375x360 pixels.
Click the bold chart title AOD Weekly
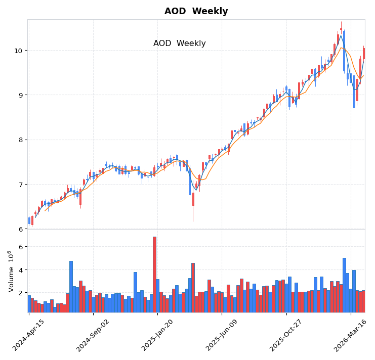tap(196, 11)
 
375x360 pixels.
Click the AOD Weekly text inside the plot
tap(179, 43)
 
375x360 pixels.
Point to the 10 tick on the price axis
tap(18, 51)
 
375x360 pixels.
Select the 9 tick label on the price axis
tap(20, 95)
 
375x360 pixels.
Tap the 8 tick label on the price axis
tap(20, 140)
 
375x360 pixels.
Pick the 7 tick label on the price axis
tap(20, 185)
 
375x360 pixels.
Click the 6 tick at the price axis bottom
tap(20, 229)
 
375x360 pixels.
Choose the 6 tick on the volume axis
tap(20, 247)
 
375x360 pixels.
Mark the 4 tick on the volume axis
tap(20, 270)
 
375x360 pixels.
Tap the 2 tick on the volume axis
tap(20, 293)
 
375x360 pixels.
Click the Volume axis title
tap(10, 271)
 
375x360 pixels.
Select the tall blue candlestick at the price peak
tap(344, 51)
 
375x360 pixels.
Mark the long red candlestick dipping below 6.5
tap(193, 199)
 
